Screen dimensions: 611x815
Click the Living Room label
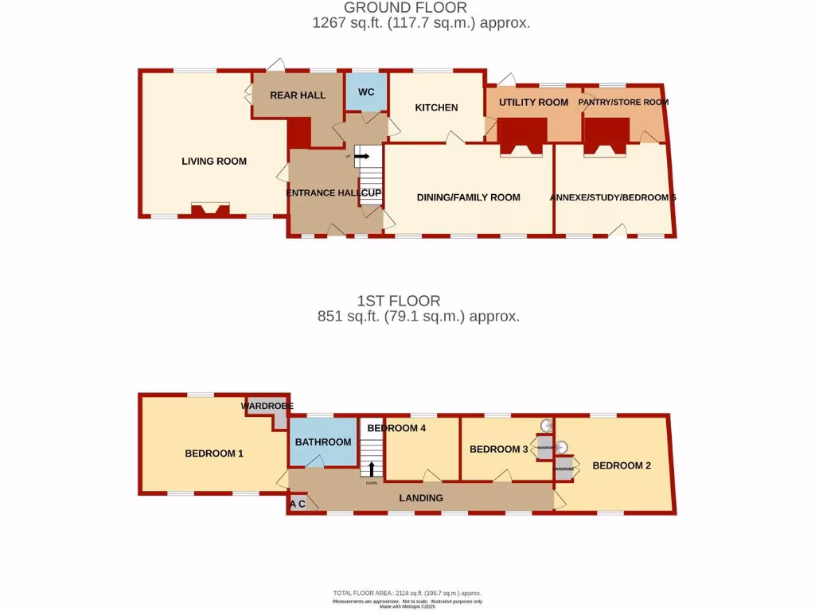[214, 162]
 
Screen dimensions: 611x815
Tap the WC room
[365, 92]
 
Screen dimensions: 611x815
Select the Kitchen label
[436, 107]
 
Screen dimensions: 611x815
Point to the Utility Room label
[533, 102]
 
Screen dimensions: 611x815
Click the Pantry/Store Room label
[623, 102]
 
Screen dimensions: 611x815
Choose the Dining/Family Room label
[468, 197]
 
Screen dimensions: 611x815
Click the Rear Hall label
[298, 95]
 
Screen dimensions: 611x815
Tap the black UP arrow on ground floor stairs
[362, 157]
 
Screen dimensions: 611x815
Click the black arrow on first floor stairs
[371, 469]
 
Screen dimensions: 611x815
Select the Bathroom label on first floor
[322, 442]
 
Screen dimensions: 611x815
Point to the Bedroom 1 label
[213, 453]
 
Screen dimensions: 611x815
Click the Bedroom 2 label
[622, 465]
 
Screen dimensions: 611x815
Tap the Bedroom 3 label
[498, 449]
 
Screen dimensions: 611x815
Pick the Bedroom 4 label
[397, 428]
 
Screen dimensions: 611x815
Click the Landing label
[421, 498]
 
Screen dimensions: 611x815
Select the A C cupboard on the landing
[298, 504]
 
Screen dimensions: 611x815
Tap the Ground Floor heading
[405, 8]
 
